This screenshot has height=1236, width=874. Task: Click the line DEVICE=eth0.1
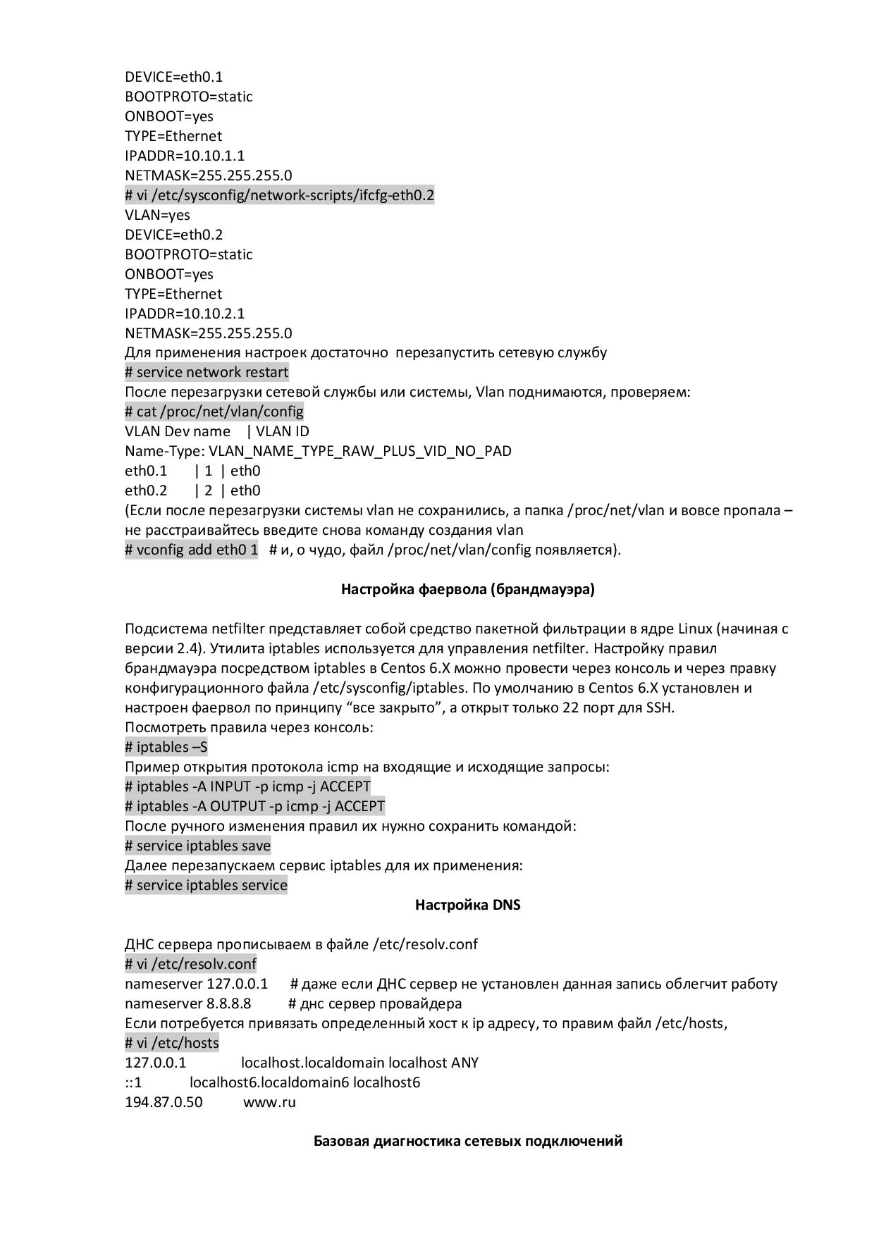pos(173,77)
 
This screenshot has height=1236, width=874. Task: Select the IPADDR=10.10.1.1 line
pos(185,156)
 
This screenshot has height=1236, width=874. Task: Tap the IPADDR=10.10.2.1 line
pos(185,314)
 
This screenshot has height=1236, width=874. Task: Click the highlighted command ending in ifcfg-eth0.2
pos(279,195)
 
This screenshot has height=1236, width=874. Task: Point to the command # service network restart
pos(207,372)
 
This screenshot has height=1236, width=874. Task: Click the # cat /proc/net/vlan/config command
pos(214,412)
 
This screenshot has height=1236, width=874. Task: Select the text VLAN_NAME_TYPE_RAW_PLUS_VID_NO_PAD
pos(360,451)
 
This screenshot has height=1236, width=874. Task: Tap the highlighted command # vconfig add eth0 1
pos(192,550)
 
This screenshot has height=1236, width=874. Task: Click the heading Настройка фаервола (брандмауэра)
pos(467,589)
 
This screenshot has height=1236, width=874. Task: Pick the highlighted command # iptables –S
pos(166,747)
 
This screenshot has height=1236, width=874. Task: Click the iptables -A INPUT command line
pos(247,786)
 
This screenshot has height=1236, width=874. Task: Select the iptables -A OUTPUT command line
pos(254,806)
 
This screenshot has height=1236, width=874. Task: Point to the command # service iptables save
pos(197,846)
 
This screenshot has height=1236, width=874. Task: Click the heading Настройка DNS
pos(467,905)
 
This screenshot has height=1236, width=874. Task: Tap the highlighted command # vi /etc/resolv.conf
pos(190,964)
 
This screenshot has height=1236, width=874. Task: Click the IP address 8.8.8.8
pos(228,1003)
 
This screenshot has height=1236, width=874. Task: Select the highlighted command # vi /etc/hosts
pos(172,1043)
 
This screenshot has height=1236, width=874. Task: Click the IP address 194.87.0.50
pos(164,1102)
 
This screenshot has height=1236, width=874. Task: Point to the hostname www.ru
pos(269,1102)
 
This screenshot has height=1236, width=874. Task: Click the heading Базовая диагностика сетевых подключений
pos(467,1141)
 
